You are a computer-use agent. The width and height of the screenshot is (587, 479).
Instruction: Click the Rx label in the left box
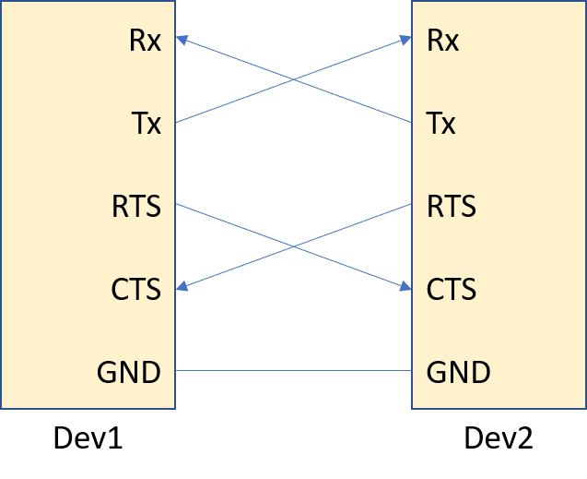146,42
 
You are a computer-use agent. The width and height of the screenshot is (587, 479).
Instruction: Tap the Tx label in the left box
147,123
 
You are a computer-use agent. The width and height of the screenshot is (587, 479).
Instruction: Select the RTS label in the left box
136,206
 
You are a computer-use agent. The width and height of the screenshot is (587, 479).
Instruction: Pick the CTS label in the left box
136,289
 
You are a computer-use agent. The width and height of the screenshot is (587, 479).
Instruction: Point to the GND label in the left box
129,373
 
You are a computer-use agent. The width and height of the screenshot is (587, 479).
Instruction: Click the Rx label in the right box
442,42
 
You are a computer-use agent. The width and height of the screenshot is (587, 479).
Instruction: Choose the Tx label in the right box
441,123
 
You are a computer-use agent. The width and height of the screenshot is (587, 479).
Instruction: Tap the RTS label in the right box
452,206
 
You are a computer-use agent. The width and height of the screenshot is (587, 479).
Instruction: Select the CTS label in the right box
452,289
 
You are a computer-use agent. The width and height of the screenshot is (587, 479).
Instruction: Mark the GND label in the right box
458,373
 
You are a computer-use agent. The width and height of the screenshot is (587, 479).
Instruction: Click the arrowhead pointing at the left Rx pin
181,40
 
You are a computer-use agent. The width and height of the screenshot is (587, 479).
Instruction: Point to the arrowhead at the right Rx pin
406,40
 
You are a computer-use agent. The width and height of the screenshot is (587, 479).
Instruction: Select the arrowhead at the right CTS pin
406,288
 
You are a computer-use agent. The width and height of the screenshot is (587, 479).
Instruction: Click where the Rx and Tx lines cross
293,80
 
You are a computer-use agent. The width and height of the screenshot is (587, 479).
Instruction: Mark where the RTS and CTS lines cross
293,246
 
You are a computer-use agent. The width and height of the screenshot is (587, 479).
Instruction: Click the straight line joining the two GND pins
293,371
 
